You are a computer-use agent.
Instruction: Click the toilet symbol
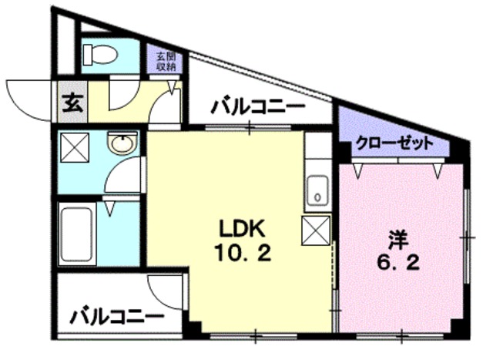pyautogui.click(x=100, y=55)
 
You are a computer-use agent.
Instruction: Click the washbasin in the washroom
pyautogui.click(x=122, y=143)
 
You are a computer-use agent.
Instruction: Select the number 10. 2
pyautogui.click(x=243, y=253)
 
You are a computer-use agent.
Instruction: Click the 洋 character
pyautogui.click(x=398, y=240)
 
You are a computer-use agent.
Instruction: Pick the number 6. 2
pyautogui.click(x=398, y=263)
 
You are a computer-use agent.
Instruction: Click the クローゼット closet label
pyautogui.click(x=394, y=144)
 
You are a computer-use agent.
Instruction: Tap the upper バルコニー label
pyautogui.click(x=258, y=107)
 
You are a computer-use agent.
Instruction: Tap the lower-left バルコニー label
pyautogui.click(x=117, y=317)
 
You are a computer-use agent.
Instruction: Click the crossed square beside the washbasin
pyautogui.click(x=75, y=147)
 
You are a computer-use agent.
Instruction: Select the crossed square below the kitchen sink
pyautogui.click(x=316, y=230)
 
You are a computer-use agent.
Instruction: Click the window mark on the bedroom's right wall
pyautogui.click(x=468, y=237)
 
